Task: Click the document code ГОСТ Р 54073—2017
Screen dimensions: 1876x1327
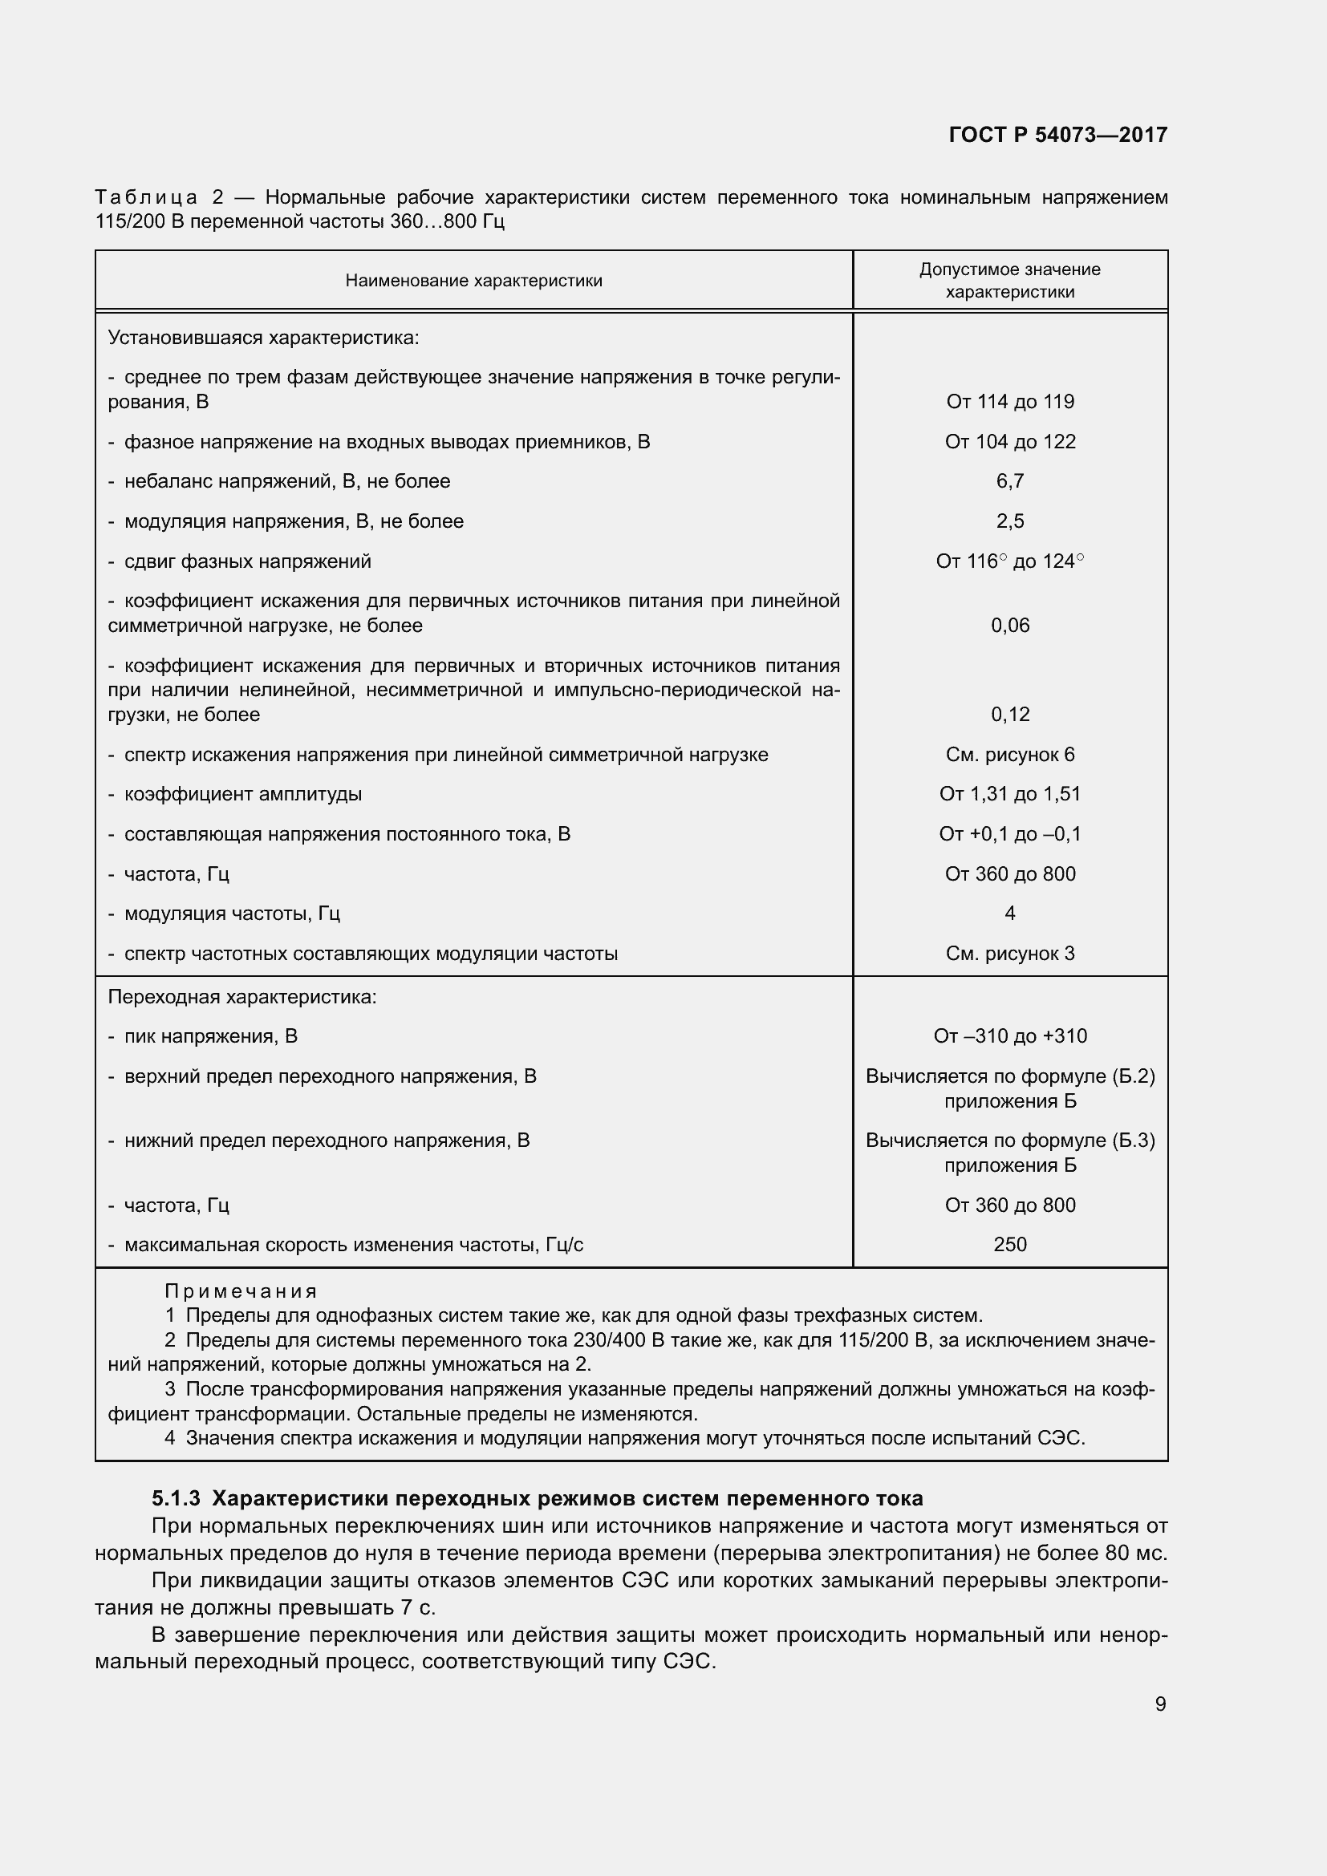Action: (x=1057, y=135)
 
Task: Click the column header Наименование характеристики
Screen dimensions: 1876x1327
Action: (x=473, y=281)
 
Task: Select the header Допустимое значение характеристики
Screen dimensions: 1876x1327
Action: (x=1009, y=280)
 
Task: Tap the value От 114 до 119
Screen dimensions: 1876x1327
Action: (x=1010, y=401)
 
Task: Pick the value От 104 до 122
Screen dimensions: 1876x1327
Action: (x=1010, y=442)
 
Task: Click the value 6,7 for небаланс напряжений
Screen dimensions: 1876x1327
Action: (x=1010, y=481)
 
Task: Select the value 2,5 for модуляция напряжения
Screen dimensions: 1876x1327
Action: (x=1010, y=521)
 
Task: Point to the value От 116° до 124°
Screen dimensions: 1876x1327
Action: (x=1010, y=561)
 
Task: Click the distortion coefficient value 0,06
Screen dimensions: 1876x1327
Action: (x=1010, y=626)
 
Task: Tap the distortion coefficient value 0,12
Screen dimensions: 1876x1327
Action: (x=1010, y=715)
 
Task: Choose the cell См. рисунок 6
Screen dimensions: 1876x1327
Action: (x=1010, y=755)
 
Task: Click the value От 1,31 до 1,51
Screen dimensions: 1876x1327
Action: (x=1010, y=794)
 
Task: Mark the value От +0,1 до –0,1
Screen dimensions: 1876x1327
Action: (x=1010, y=834)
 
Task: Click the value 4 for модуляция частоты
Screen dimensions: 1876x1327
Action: (x=1010, y=914)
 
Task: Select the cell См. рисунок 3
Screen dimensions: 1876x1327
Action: (x=1010, y=954)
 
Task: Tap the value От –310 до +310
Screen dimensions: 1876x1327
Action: (x=1010, y=1036)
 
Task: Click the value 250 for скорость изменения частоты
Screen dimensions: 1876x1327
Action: (x=1010, y=1245)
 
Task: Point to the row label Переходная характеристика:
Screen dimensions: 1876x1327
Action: (x=241, y=997)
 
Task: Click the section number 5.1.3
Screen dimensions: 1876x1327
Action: (x=176, y=1498)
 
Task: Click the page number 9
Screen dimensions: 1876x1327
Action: (x=1160, y=1704)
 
